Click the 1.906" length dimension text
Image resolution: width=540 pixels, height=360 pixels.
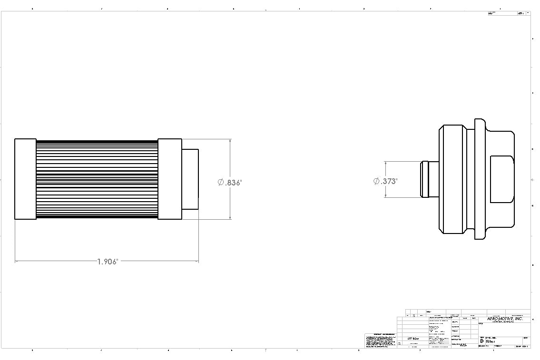(107, 262)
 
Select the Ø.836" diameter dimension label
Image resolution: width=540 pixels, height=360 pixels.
(230, 183)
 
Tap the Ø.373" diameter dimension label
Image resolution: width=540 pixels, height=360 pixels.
(385, 181)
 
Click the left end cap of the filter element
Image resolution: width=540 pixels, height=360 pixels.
(25, 179)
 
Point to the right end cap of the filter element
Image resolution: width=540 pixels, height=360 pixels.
(169, 179)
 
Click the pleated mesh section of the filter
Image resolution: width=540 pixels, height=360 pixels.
(97, 179)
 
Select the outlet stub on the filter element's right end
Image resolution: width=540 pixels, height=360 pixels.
(190, 179)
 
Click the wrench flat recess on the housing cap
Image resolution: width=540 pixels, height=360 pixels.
(502, 179)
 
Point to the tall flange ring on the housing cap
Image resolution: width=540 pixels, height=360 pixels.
(479, 179)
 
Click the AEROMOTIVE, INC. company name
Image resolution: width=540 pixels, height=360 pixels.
(505, 319)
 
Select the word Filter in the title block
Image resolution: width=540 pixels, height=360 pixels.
(490, 341)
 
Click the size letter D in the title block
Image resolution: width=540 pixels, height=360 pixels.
(481, 341)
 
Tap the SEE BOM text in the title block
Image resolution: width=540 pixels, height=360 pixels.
(413, 339)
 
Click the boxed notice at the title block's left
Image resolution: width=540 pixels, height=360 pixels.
(381, 341)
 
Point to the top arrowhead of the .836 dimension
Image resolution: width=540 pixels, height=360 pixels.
(230, 141)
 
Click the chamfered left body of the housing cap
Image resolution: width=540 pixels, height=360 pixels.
(452, 179)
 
